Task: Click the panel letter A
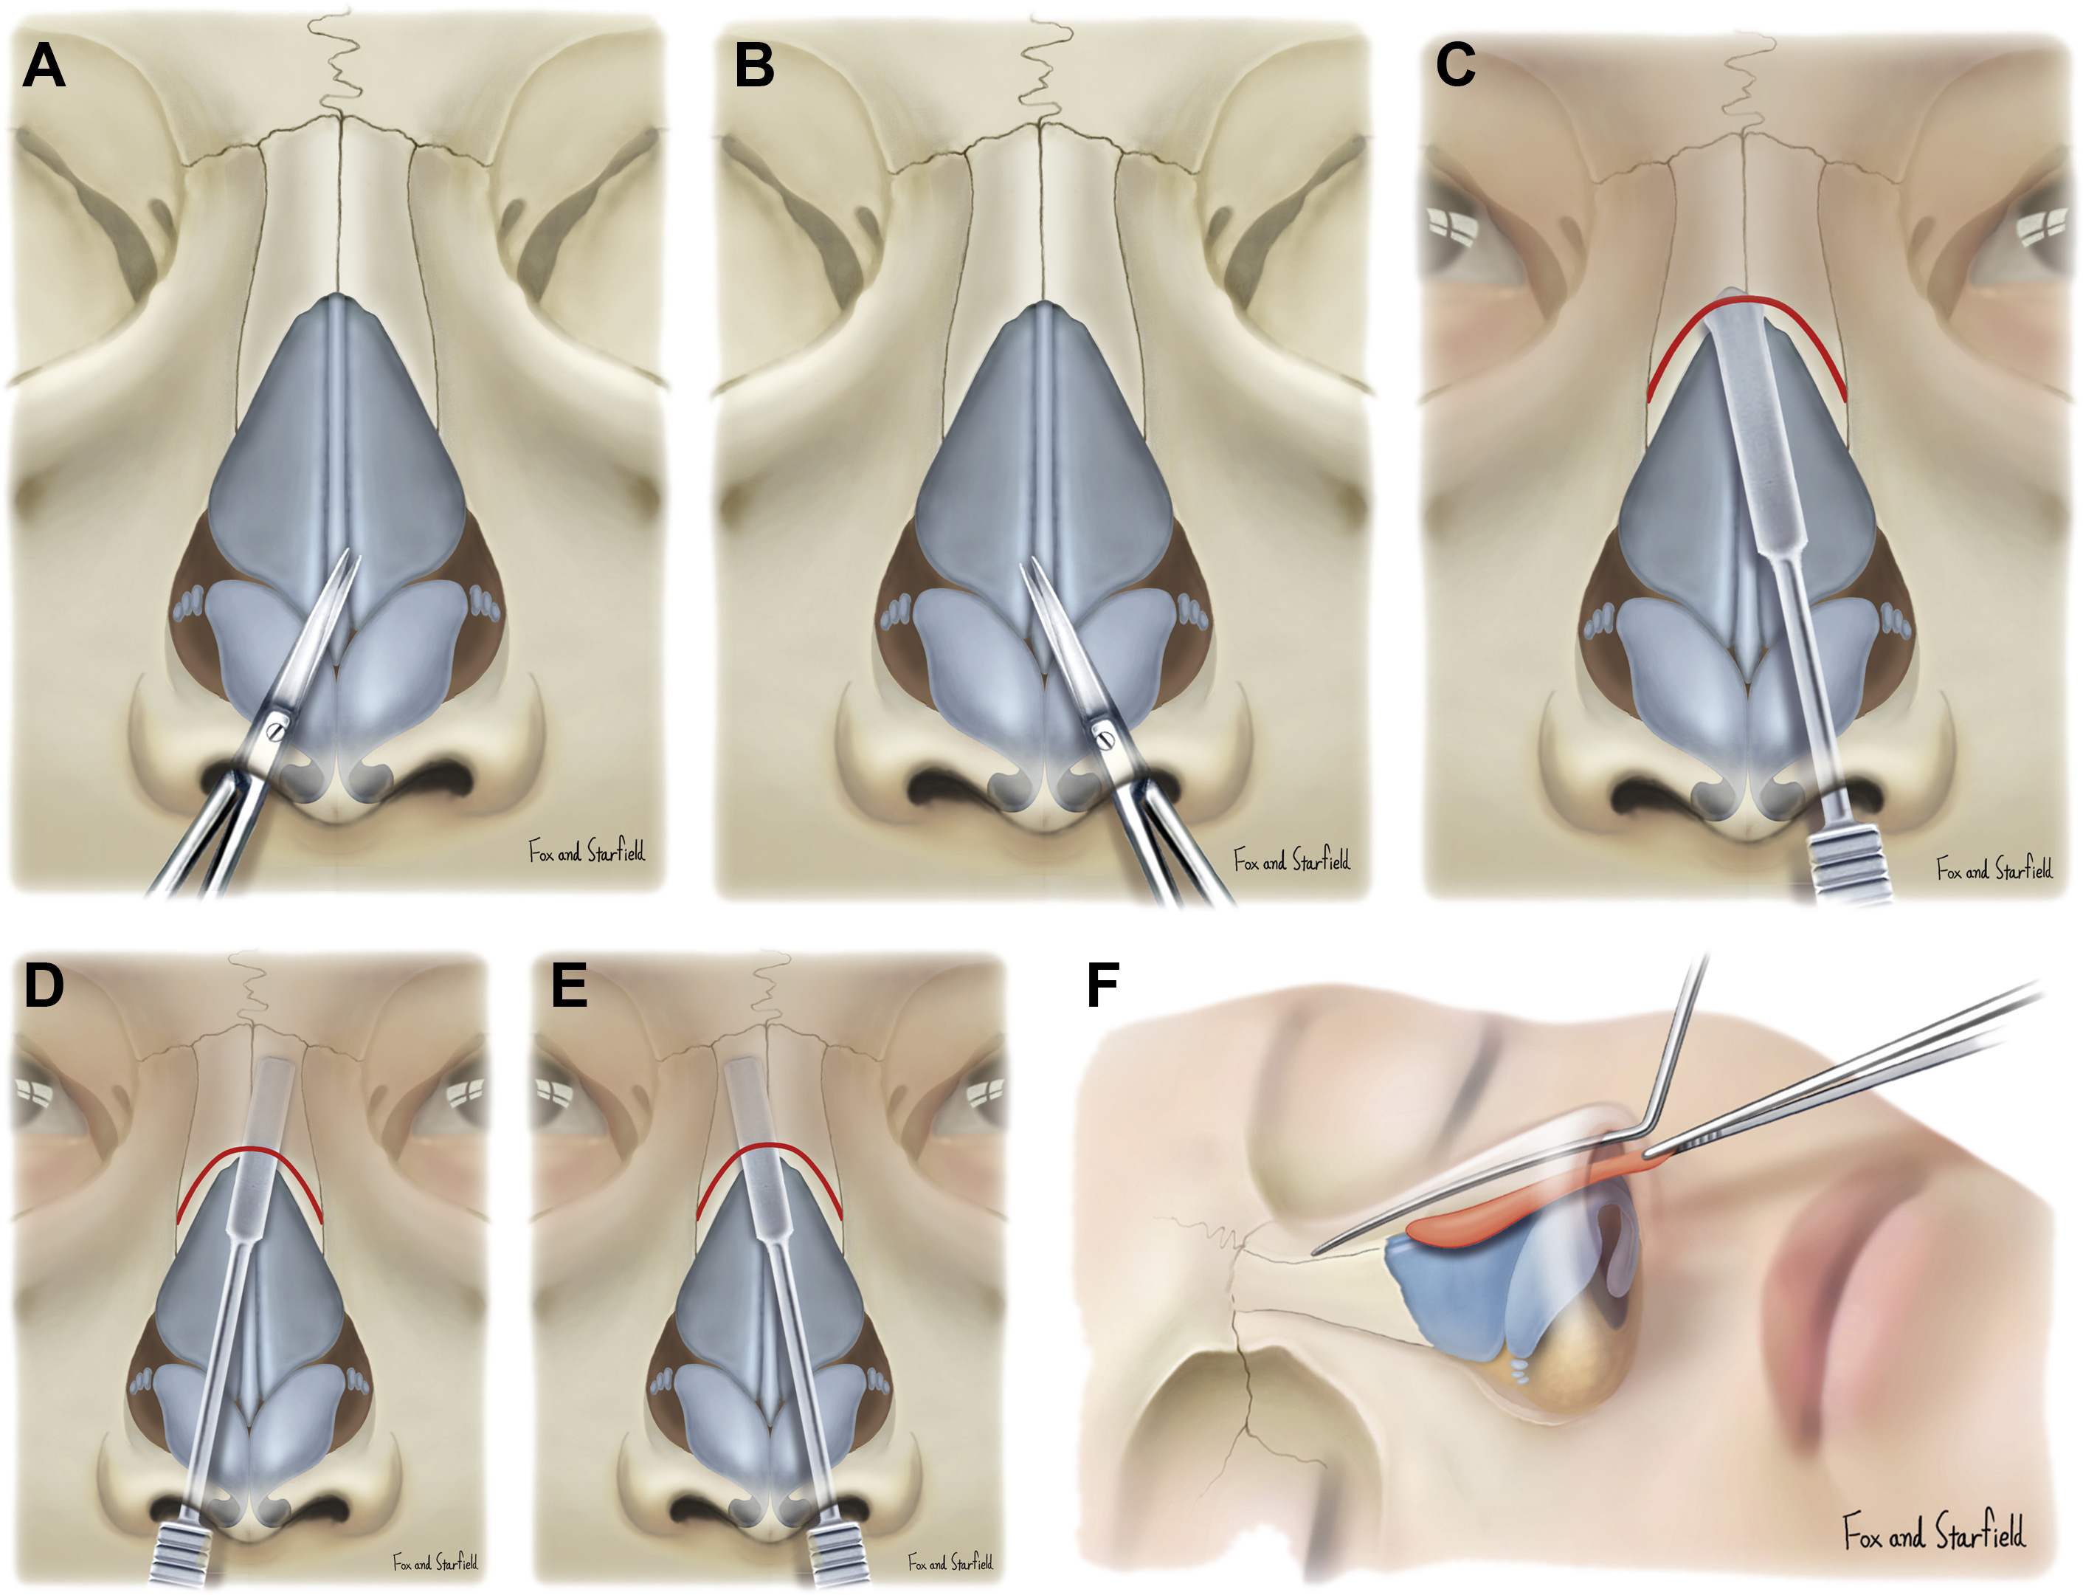pos(44,66)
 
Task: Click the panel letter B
pos(754,66)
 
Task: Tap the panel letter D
pos(44,985)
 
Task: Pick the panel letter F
pos(1102,985)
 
